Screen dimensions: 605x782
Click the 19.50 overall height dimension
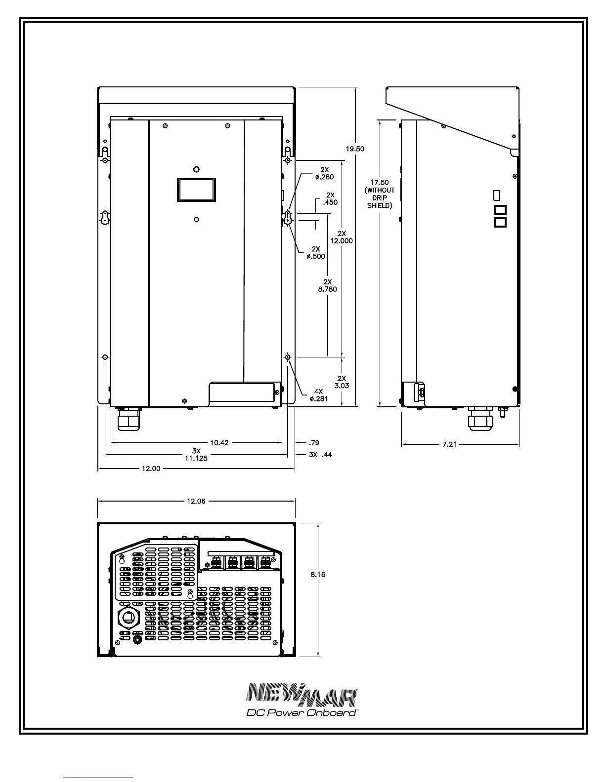pyautogui.click(x=355, y=149)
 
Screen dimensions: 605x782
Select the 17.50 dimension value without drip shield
pyautogui.click(x=380, y=183)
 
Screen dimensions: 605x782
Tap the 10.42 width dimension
pyautogui.click(x=219, y=443)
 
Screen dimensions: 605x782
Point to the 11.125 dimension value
pyautogui.click(x=196, y=458)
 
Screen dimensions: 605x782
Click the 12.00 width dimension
pyautogui.click(x=151, y=469)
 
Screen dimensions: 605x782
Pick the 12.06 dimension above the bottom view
pyautogui.click(x=196, y=501)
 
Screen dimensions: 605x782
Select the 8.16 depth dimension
pyautogui.click(x=318, y=574)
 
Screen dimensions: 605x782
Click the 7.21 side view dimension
pyautogui.click(x=449, y=444)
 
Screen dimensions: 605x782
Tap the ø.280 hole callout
pyautogui.click(x=324, y=177)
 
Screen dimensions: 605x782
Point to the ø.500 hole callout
pyautogui.click(x=316, y=256)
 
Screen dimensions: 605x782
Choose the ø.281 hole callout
pyautogui.click(x=318, y=399)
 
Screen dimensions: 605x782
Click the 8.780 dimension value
pyautogui.click(x=327, y=289)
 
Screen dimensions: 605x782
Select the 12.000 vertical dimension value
pyautogui.click(x=341, y=241)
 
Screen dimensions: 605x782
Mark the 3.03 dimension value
pyautogui.click(x=341, y=386)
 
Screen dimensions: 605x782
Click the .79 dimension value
pyautogui.click(x=314, y=443)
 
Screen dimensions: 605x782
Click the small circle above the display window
pyautogui.click(x=196, y=169)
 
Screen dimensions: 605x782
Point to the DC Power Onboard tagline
pyautogui.click(x=302, y=713)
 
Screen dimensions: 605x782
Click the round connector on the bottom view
pyautogui.click(x=129, y=618)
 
